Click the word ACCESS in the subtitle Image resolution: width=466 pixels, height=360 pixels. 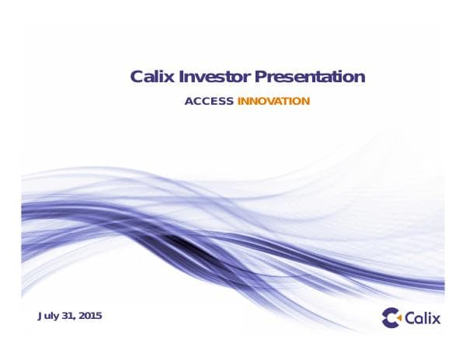(x=209, y=102)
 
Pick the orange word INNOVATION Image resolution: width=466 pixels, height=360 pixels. (x=273, y=102)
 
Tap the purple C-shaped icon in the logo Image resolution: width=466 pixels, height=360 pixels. (x=391, y=317)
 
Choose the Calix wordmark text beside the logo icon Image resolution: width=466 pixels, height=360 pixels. (x=423, y=317)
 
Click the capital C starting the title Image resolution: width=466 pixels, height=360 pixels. (x=137, y=77)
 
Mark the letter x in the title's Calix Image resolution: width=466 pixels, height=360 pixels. (x=172, y=78)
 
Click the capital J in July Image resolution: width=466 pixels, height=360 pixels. (x=40, y=316)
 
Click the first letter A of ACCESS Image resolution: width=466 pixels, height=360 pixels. (x=188, y=102)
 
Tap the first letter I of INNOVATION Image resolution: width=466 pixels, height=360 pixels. (x=238, y=102)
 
